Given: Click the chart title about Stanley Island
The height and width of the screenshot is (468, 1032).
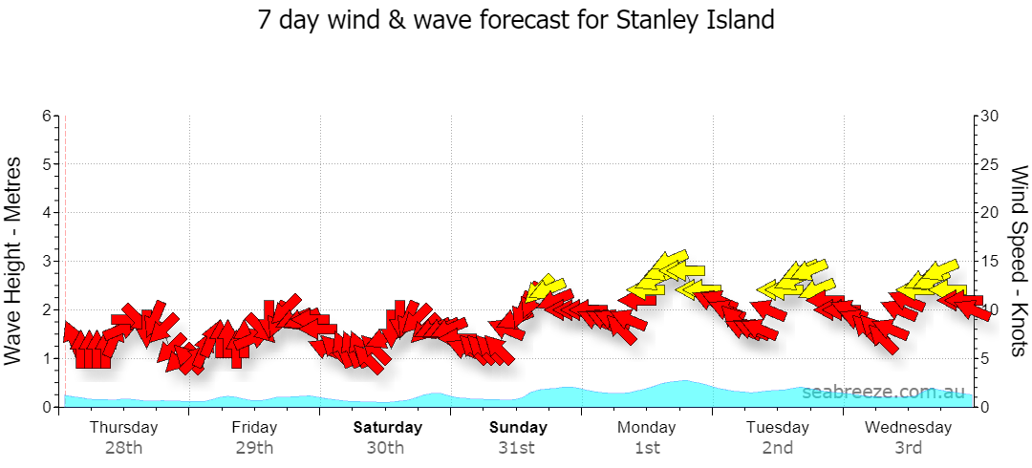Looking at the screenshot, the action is coord(516,20).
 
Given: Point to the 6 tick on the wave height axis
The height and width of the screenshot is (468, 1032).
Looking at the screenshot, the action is coord(47,116).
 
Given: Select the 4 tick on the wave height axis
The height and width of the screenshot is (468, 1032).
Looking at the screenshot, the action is coord(47,213).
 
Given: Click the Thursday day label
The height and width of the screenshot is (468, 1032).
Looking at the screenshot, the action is coord(123,428).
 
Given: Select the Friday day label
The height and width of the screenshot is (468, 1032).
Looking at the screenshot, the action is coord(254,428).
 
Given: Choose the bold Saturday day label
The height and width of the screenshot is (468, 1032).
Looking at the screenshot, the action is coord(388,428).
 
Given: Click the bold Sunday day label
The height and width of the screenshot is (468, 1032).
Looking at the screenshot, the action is coord(518,428).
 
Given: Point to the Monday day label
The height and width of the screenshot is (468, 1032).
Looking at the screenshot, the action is coord(646,428).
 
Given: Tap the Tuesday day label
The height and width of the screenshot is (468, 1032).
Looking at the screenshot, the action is coord(777,428).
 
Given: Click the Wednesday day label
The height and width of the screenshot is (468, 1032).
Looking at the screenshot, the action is coord(909,428).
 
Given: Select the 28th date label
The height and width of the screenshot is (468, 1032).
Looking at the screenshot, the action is coord(123,449).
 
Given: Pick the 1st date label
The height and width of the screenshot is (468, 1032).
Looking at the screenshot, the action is coord(648,449).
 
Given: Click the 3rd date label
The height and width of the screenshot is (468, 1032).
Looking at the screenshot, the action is coord(909,449).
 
